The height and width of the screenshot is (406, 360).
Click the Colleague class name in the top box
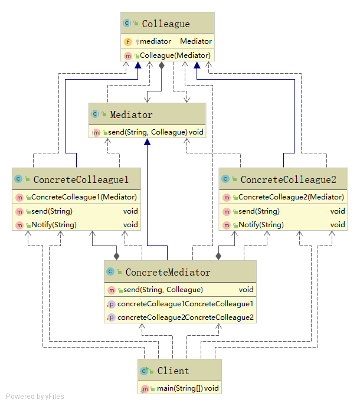click(x=166, y=24)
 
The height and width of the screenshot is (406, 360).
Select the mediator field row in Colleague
click(x=167, y=41)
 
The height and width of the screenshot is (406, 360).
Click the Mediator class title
click(x=131, y=115)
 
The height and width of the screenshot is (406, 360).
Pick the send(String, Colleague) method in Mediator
click(x=148, y=132)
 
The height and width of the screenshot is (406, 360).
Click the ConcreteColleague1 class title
click(x=86, y=179)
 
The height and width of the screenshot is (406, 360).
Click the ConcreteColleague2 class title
click(x=288, y=179)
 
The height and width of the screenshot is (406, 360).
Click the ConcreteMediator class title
click(x=168, y=272)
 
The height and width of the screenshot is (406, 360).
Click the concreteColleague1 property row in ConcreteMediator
click(x=185, y=304)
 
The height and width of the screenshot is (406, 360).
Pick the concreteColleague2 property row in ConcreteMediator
click(x=185, y=317)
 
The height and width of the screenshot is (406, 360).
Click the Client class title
click(x=173, y=371)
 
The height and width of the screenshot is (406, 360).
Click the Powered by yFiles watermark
click(x=35, y=397)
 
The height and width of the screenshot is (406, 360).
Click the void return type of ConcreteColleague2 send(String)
click(x=338, y=211)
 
